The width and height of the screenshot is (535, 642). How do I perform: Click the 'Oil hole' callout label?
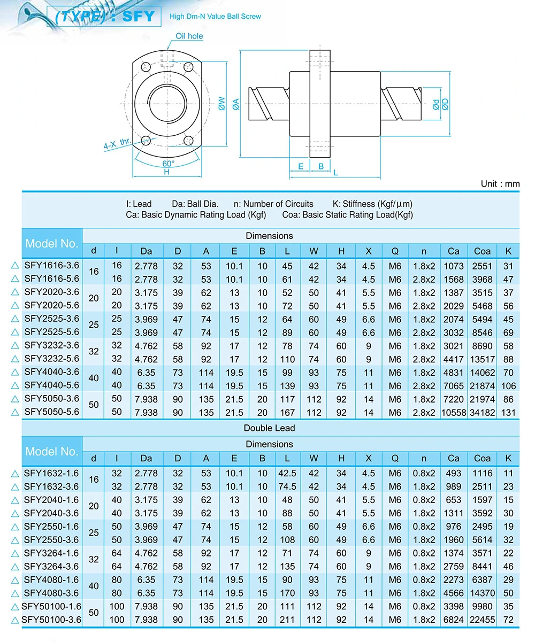(189, 36)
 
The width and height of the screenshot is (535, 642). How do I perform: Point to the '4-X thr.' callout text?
(118, 143)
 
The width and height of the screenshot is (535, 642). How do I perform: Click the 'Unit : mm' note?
(500, 184)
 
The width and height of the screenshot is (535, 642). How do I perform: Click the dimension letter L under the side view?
(335, 173)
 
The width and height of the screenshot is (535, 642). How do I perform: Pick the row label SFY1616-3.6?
(51, 265)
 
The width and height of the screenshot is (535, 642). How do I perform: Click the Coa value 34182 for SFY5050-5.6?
(482, 413)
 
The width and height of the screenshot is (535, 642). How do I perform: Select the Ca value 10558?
(453, 413)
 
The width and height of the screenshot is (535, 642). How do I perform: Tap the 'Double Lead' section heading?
(269, 428)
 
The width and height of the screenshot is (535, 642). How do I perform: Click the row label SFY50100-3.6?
(51, 620)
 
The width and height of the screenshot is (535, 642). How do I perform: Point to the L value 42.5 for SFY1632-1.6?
(287, 473)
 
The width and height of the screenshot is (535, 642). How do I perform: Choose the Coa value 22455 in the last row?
(482, 620)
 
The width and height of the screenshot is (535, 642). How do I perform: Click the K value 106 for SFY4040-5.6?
(508, 386)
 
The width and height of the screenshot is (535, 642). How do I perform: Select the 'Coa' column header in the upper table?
(482, 251)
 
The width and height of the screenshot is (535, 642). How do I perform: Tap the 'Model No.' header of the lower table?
(52, 452)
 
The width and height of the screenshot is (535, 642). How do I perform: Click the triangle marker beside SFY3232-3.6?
(15, 345)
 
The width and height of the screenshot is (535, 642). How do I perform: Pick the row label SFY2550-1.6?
(51, 526)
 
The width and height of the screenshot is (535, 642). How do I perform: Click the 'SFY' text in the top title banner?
(139, 16)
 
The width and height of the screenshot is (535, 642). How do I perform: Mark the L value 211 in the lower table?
(287, 620)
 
